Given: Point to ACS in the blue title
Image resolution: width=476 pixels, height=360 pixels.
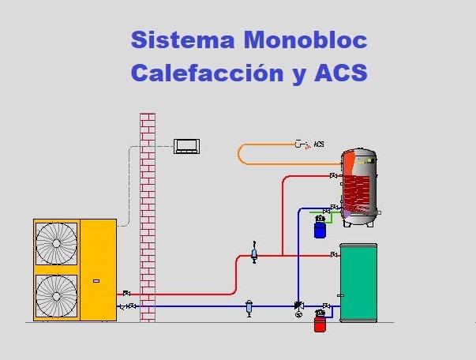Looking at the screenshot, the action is tap(340, 73).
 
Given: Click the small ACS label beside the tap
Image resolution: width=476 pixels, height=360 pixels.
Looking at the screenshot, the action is tap(319, 144).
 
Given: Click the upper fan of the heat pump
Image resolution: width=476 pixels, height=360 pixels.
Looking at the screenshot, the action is tap(56, 243).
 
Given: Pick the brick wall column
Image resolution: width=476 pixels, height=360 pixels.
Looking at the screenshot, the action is tap(147, 217).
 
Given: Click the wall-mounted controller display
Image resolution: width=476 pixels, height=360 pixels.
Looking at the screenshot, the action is tap(188, 145).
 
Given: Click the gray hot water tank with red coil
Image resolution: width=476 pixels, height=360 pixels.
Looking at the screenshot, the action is tap(358, 188).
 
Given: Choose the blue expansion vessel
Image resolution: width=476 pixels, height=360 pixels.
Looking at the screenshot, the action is tap(320, 229).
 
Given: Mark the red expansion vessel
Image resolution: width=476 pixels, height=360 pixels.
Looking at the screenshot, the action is tap(320, 323).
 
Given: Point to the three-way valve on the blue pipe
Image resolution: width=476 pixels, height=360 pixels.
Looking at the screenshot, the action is tap(298, 306).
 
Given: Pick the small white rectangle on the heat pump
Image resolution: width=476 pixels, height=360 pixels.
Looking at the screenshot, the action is tap(97, 279).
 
